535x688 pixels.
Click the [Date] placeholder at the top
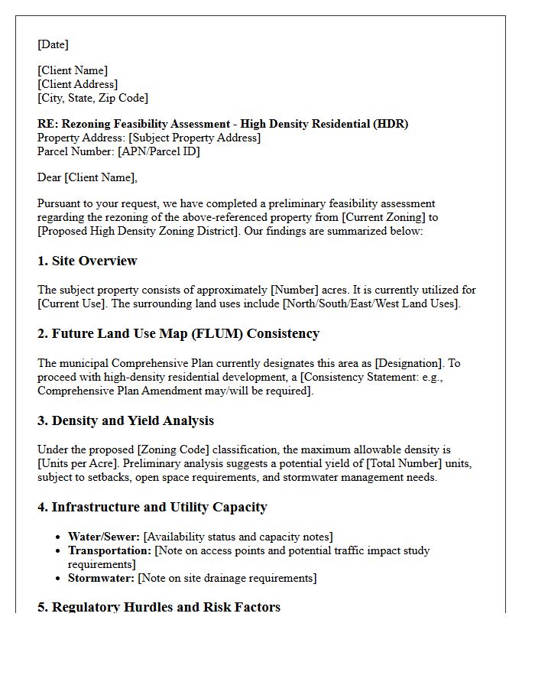click(x=53, y=44)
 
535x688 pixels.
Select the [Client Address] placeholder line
click(x=77, y=84)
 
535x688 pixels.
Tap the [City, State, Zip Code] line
click(x=92, y=98)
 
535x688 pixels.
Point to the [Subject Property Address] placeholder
click(x=194, y=138)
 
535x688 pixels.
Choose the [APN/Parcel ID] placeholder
click(x=158, y=151)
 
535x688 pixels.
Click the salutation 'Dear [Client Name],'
click(x=87, y=177)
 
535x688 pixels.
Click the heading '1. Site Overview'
click(x=87, y=261)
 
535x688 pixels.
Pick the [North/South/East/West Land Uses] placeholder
click(x=371, y=303)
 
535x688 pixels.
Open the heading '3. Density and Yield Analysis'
click(x=125, y=420)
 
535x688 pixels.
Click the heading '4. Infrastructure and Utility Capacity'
click(x=152, y=507)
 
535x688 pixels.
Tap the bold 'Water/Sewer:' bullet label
click(x=103, y=537)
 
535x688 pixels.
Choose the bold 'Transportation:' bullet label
click(x=109, y=550)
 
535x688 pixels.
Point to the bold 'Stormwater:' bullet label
click(x=101, y=578)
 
